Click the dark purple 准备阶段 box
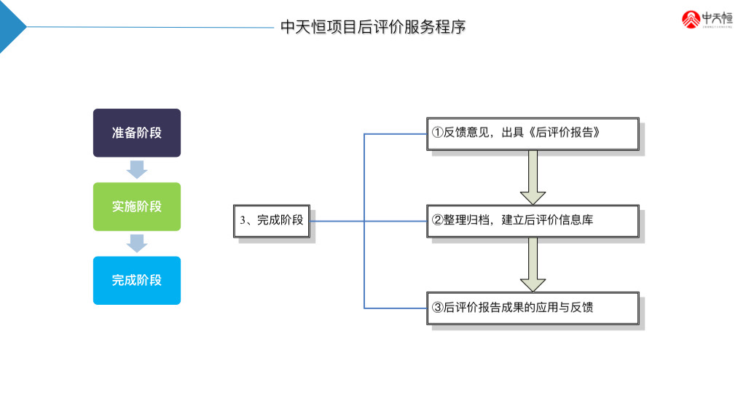(x=136, y=133)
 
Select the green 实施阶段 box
(x=136, y=206)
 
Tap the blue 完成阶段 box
(x=136, y=280)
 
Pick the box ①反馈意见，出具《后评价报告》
(x=533, y=133)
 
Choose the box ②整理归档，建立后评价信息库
(x=533, y=220)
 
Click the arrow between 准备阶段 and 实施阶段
(x=136, y=169)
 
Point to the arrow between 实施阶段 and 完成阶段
(x=136, y=243)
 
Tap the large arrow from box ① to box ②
(x=533, y=177)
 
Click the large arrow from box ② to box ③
(x=533, y=264)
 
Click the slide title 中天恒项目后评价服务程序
(x=373, y=27)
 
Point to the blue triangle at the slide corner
(x=10, y=26)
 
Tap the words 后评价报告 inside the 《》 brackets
(x=564, y=133)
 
